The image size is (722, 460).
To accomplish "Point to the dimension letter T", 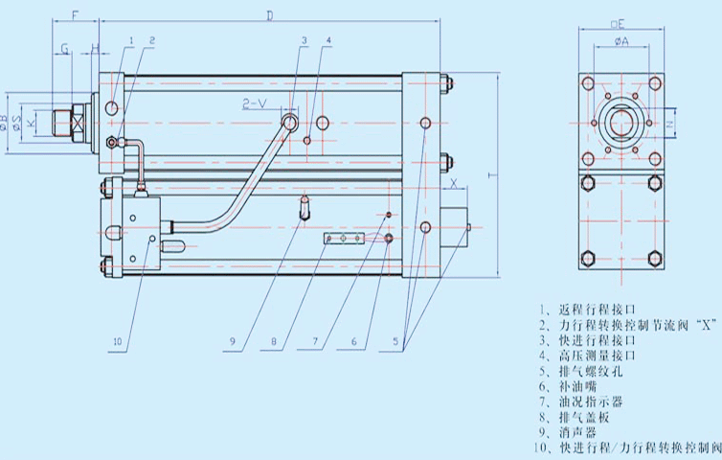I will pos(489,175).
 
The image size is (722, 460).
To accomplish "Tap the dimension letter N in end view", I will pos(669,125).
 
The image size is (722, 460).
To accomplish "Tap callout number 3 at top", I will pos(303,40).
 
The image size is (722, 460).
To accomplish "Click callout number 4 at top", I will pos(328,40).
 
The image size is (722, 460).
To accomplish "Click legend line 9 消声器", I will pos(574,432).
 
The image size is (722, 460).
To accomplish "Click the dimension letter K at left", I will pos(31,124).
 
